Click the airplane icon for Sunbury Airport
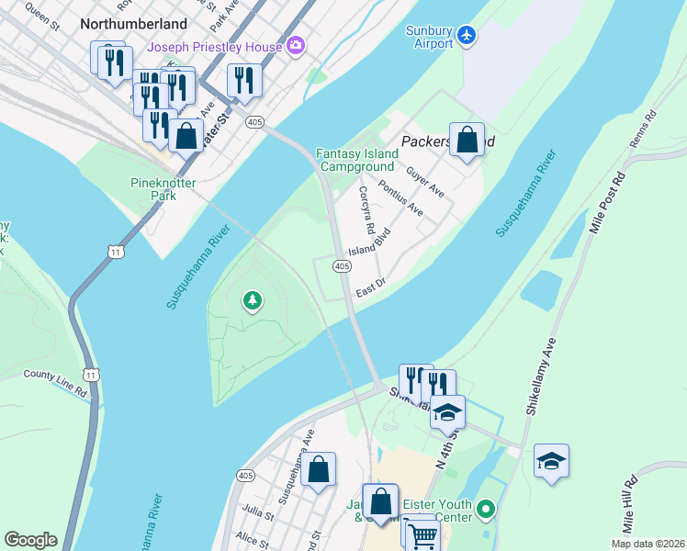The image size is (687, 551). click(x=467, y=35)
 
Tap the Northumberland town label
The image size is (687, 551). click(x=134, y=24)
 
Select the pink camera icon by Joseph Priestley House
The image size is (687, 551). click(x=296, y=44)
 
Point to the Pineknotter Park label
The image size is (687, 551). click(x=152, y=188)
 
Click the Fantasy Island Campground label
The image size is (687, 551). click(x=357, y=160)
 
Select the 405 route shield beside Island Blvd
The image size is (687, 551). click(x=341, y=266)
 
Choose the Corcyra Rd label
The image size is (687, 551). click(x=366, y=209)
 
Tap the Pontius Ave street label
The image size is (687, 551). click(x=400, y=199)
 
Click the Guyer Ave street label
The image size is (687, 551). click(x=425, y=181)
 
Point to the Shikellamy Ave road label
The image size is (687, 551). click(x=541, y=376)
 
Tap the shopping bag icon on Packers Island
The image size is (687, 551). click(x=467, y=141)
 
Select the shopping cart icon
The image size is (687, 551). click(x=422, y=534)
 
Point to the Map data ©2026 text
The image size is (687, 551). click(x=648, y=544)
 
